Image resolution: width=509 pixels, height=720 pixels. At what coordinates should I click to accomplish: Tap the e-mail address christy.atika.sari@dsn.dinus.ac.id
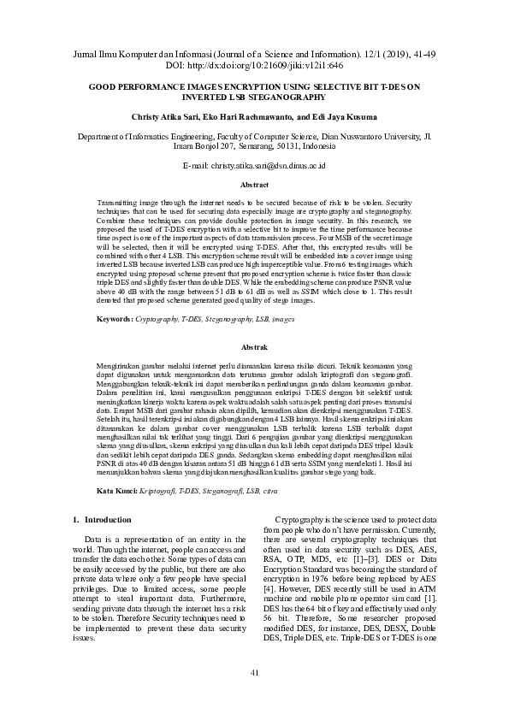point(276,164)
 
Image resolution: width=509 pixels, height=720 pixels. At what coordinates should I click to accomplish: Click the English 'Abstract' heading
point(254,185)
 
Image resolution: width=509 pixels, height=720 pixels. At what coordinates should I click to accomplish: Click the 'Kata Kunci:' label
point(116,491)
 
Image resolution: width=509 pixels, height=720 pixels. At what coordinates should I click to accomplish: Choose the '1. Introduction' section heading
point(101,519)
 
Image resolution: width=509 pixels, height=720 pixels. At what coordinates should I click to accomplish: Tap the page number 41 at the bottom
point(254,674)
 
